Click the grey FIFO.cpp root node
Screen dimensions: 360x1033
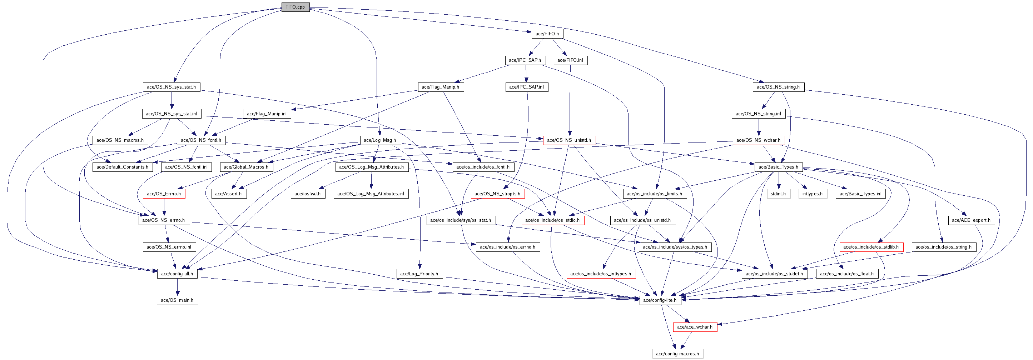pos(295,7)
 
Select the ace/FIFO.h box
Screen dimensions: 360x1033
pos(547,34)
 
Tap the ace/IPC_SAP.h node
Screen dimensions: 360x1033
pos(525,60)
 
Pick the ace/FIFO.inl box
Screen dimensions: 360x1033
pos(570,60)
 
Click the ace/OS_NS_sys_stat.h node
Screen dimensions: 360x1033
pos(171,87)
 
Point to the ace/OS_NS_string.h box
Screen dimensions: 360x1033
pos(778,87)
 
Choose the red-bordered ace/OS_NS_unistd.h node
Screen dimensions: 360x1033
pos(569,140)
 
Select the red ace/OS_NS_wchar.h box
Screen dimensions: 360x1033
pos(758,140)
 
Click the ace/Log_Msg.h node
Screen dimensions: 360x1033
pos(380,140)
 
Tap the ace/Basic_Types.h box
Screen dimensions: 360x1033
pos(778,167)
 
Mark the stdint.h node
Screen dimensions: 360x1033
pos(778,194)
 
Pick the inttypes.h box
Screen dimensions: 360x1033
pos(813,194)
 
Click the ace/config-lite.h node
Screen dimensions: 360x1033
pos(660,300)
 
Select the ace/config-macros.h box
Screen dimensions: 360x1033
pos(677,354)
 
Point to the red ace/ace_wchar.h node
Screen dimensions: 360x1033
pos(695,327)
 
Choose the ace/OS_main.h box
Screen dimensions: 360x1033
pos(177,300)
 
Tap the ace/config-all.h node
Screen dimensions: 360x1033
pos(177,274)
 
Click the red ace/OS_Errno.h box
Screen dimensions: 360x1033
pos(164,194)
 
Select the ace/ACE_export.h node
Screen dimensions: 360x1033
pos(971,220)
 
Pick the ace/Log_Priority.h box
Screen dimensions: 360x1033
pos(419,274)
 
